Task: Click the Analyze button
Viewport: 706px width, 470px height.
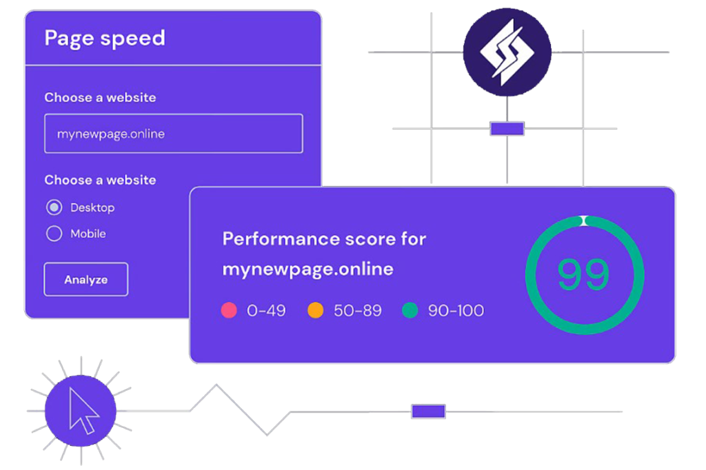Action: tap(86, 280)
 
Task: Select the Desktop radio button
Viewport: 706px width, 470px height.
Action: tap(54, 207)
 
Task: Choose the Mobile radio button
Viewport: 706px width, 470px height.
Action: tap(54, 234)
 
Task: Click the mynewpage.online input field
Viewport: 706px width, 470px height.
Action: tap(173, 134)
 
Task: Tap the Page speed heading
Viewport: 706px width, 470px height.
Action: tap(105, 38)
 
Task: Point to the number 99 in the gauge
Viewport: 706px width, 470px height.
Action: tap(583, 274)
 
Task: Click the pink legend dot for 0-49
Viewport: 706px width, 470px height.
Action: tap(229, 310)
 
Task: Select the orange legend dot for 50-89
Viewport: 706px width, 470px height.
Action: tap(315, 310)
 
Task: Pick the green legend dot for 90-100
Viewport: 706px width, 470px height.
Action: tap(410, 310)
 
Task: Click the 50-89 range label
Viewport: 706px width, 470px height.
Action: tap(357, 311)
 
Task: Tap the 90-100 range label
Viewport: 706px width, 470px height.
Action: tap(456, 311)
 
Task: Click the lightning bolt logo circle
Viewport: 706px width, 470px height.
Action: tap(507, 52)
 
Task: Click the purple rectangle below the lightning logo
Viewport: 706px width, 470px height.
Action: tap(507, 129)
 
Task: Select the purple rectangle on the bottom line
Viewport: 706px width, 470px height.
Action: tap(428, 411)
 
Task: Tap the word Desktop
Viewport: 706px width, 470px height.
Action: tap(92, 207)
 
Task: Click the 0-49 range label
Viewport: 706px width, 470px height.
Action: tap(266, 311)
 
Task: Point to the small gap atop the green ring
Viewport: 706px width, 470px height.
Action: tap(584, 221)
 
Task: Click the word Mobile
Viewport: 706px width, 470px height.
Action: tap(88, 234)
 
